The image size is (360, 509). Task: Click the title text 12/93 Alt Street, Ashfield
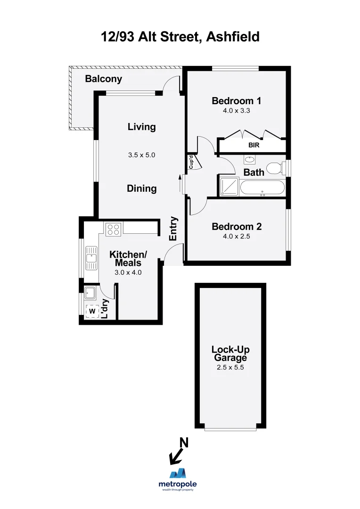[180, 36]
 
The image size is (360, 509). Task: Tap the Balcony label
[103, 79]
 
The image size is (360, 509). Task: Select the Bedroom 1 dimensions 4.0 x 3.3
[236, 111]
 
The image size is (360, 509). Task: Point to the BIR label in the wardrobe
[254, 146]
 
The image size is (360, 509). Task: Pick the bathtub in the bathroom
[262, 189]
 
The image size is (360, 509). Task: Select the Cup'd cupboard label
[191, 162]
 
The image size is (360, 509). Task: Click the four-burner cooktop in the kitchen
[114, 229]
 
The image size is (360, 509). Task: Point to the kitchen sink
[91, 258]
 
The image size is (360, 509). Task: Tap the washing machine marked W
[92, 311]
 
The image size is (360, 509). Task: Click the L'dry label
[106, 309]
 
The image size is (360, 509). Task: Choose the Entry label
[173, 229]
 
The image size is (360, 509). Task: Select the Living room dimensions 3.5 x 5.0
[141, 155]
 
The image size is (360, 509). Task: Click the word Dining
[141, 189]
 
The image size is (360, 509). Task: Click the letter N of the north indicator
[184, 443]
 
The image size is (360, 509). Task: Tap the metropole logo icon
[178, 473]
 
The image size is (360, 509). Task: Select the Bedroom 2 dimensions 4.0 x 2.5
[236, 237]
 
